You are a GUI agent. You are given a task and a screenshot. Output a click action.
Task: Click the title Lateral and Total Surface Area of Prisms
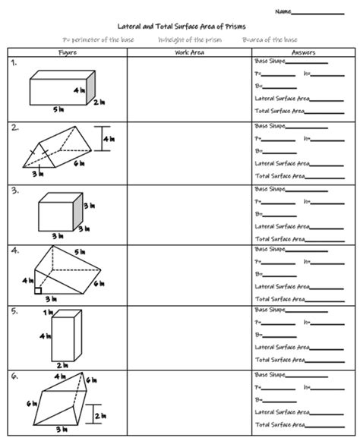click(x=180, y=25)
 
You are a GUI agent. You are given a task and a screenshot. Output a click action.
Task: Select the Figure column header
click(x=68, y=52)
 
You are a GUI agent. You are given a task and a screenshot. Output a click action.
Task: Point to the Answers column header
click(x=303, y=52)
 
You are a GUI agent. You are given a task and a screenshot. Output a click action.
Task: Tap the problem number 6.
click(x=14, y=375)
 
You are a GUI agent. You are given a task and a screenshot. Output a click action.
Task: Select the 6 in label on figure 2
click(x=79, y=163)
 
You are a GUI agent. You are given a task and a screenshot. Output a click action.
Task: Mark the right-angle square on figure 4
click(x=36, y=289)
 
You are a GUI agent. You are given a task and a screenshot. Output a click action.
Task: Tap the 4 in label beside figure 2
click(x=109, y=138)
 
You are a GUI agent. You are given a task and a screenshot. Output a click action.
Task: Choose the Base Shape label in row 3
click(x=270, y=188)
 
